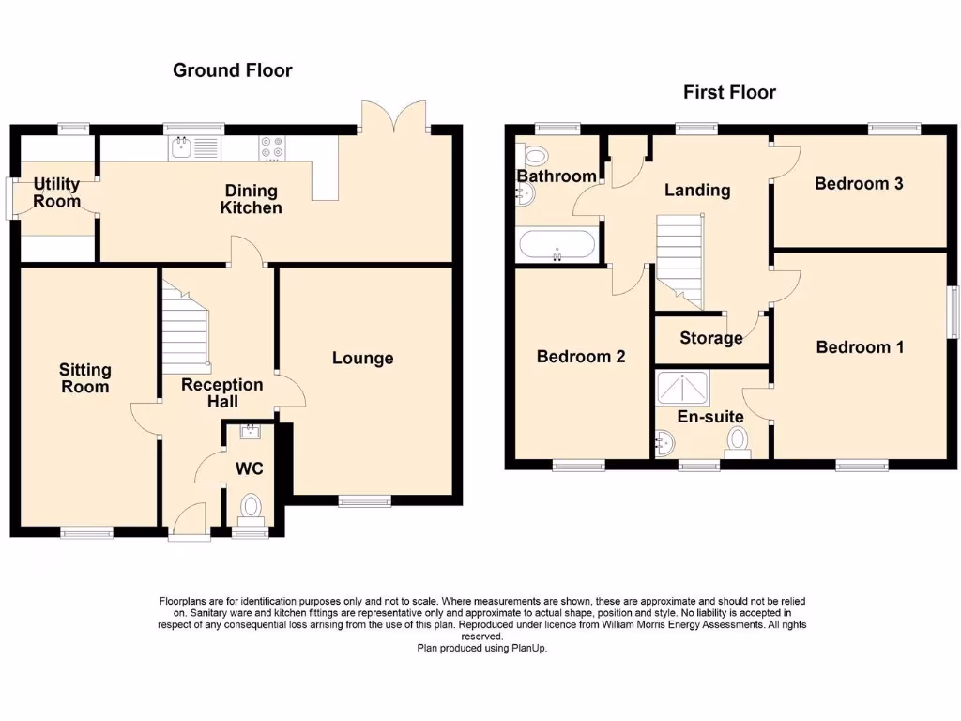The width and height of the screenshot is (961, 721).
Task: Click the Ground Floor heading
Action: [x=232, y=70]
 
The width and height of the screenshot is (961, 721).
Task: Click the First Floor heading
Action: [x=729, y=92]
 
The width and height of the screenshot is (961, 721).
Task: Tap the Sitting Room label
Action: [x=84, y=378]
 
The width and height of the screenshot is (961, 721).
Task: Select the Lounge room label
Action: [x=362, y=358]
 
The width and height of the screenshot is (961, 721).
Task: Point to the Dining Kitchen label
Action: [x=251, y=199]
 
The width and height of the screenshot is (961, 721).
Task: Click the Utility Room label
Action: [x=56, y=192]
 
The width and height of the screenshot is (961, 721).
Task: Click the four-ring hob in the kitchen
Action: [x=272, y=148]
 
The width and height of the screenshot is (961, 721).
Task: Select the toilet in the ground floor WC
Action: [x=251, y=508]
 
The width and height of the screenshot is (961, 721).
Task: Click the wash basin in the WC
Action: [x=251, y=432]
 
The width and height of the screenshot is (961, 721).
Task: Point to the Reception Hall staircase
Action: [x=185, y=329]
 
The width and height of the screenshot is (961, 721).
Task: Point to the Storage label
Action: [x=711, y=338]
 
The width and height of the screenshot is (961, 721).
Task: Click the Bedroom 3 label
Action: [x=859, y=183]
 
